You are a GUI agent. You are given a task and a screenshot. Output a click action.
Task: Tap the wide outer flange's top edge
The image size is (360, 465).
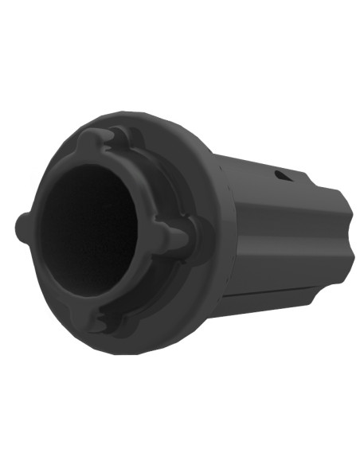click(x=159, y=119)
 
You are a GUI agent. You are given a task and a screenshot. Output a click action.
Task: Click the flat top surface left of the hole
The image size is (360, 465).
click(x=247, y=167)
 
